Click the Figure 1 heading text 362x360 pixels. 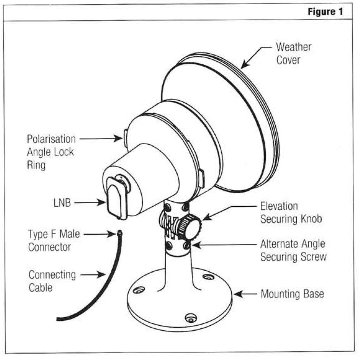click(x=325, y=11)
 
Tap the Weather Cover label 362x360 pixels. click(x=293, y=54)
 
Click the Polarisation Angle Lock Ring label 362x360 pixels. click(x=51, y=152)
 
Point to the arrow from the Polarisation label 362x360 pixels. click(x=100, y=139)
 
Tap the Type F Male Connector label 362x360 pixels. click(x=54, y=241)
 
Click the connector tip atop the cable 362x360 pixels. click(x=120, y=232)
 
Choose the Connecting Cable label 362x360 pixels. click(x=52, y=280)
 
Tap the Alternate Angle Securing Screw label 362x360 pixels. click(x=293, y=250)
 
